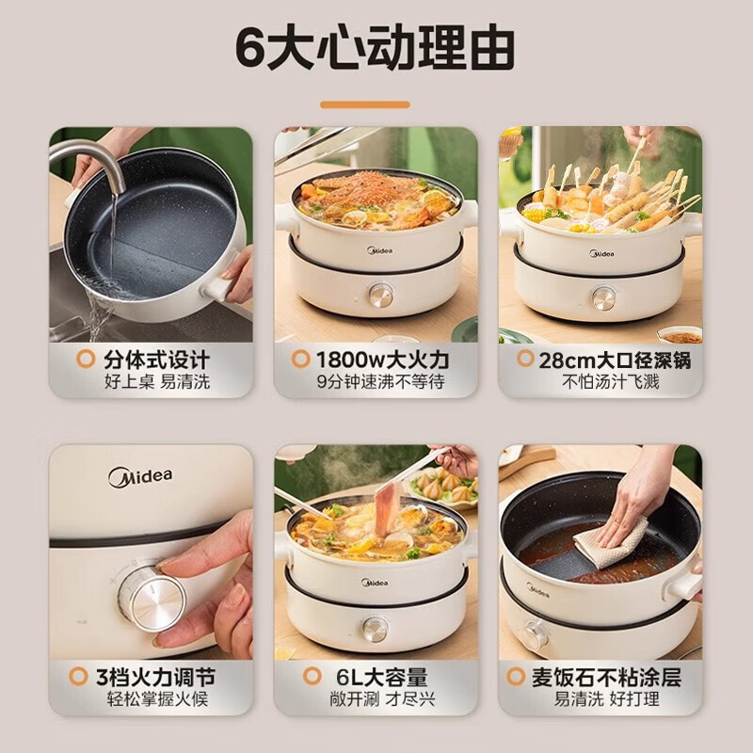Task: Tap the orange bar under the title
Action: pyautogui.click(x=376, y=104)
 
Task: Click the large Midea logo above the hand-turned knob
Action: pyautogui.click(x=140, y=476)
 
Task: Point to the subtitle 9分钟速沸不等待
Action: pyautogui.click(x=380, y=382)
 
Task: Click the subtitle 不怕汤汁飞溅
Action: pyautogui.click(x=610, y=382)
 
